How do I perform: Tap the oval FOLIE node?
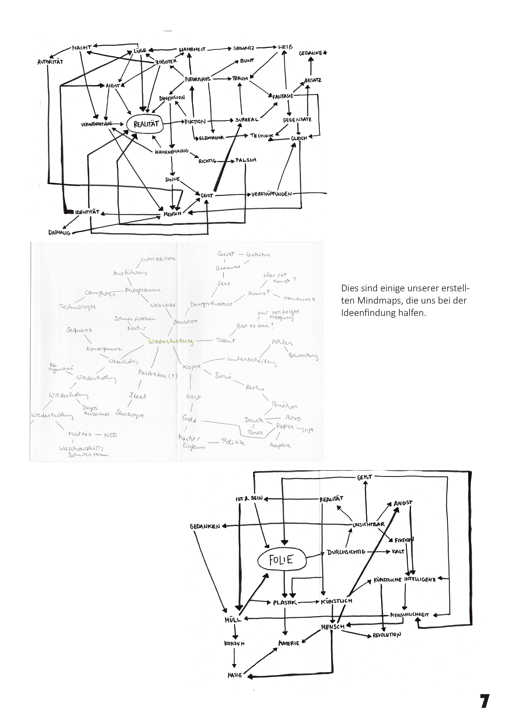[281, 560]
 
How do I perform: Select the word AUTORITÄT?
[50, 62]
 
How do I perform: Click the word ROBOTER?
[167, 62]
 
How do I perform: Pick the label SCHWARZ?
[243, 49]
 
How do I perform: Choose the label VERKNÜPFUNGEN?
[272, 194]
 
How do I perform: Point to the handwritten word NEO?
[110, 435]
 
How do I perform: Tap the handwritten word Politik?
[233, 442]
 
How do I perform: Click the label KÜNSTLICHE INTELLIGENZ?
[405, 579]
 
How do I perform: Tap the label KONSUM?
[234, 643]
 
